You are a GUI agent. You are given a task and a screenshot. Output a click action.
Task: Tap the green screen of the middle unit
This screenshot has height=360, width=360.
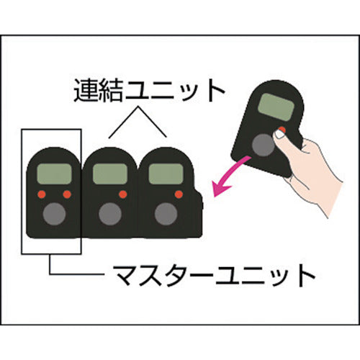(x=109, y=174)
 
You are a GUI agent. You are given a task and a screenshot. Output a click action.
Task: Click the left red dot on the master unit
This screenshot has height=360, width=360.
(x=42, y=194)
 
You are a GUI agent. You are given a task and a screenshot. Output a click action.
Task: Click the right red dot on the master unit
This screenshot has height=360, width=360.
(x=67, y=194)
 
